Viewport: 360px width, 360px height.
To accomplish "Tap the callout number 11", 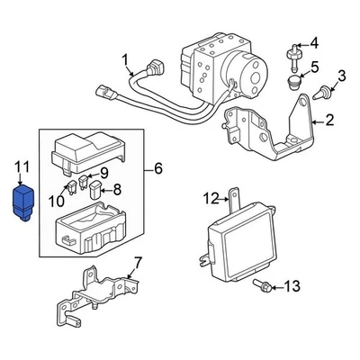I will (22, 166).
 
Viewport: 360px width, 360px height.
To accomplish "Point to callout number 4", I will (314, 42).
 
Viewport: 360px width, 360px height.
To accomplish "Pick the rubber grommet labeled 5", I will (292, 85).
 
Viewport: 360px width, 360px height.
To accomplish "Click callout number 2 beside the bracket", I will (329, 120).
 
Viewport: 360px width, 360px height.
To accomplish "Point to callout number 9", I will (104, 172).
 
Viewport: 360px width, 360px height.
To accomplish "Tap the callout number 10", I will (57, 200).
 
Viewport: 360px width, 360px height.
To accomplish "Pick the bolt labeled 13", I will (265, 285).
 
